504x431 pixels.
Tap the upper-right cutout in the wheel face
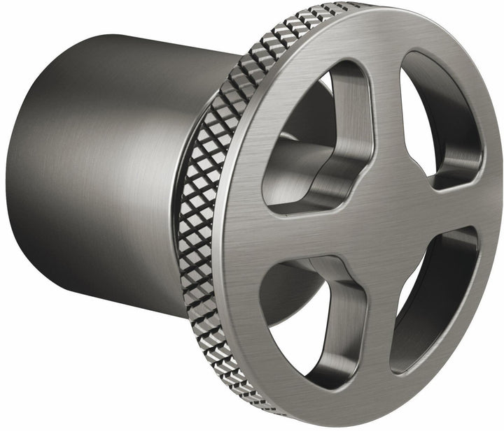coord(437,119)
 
